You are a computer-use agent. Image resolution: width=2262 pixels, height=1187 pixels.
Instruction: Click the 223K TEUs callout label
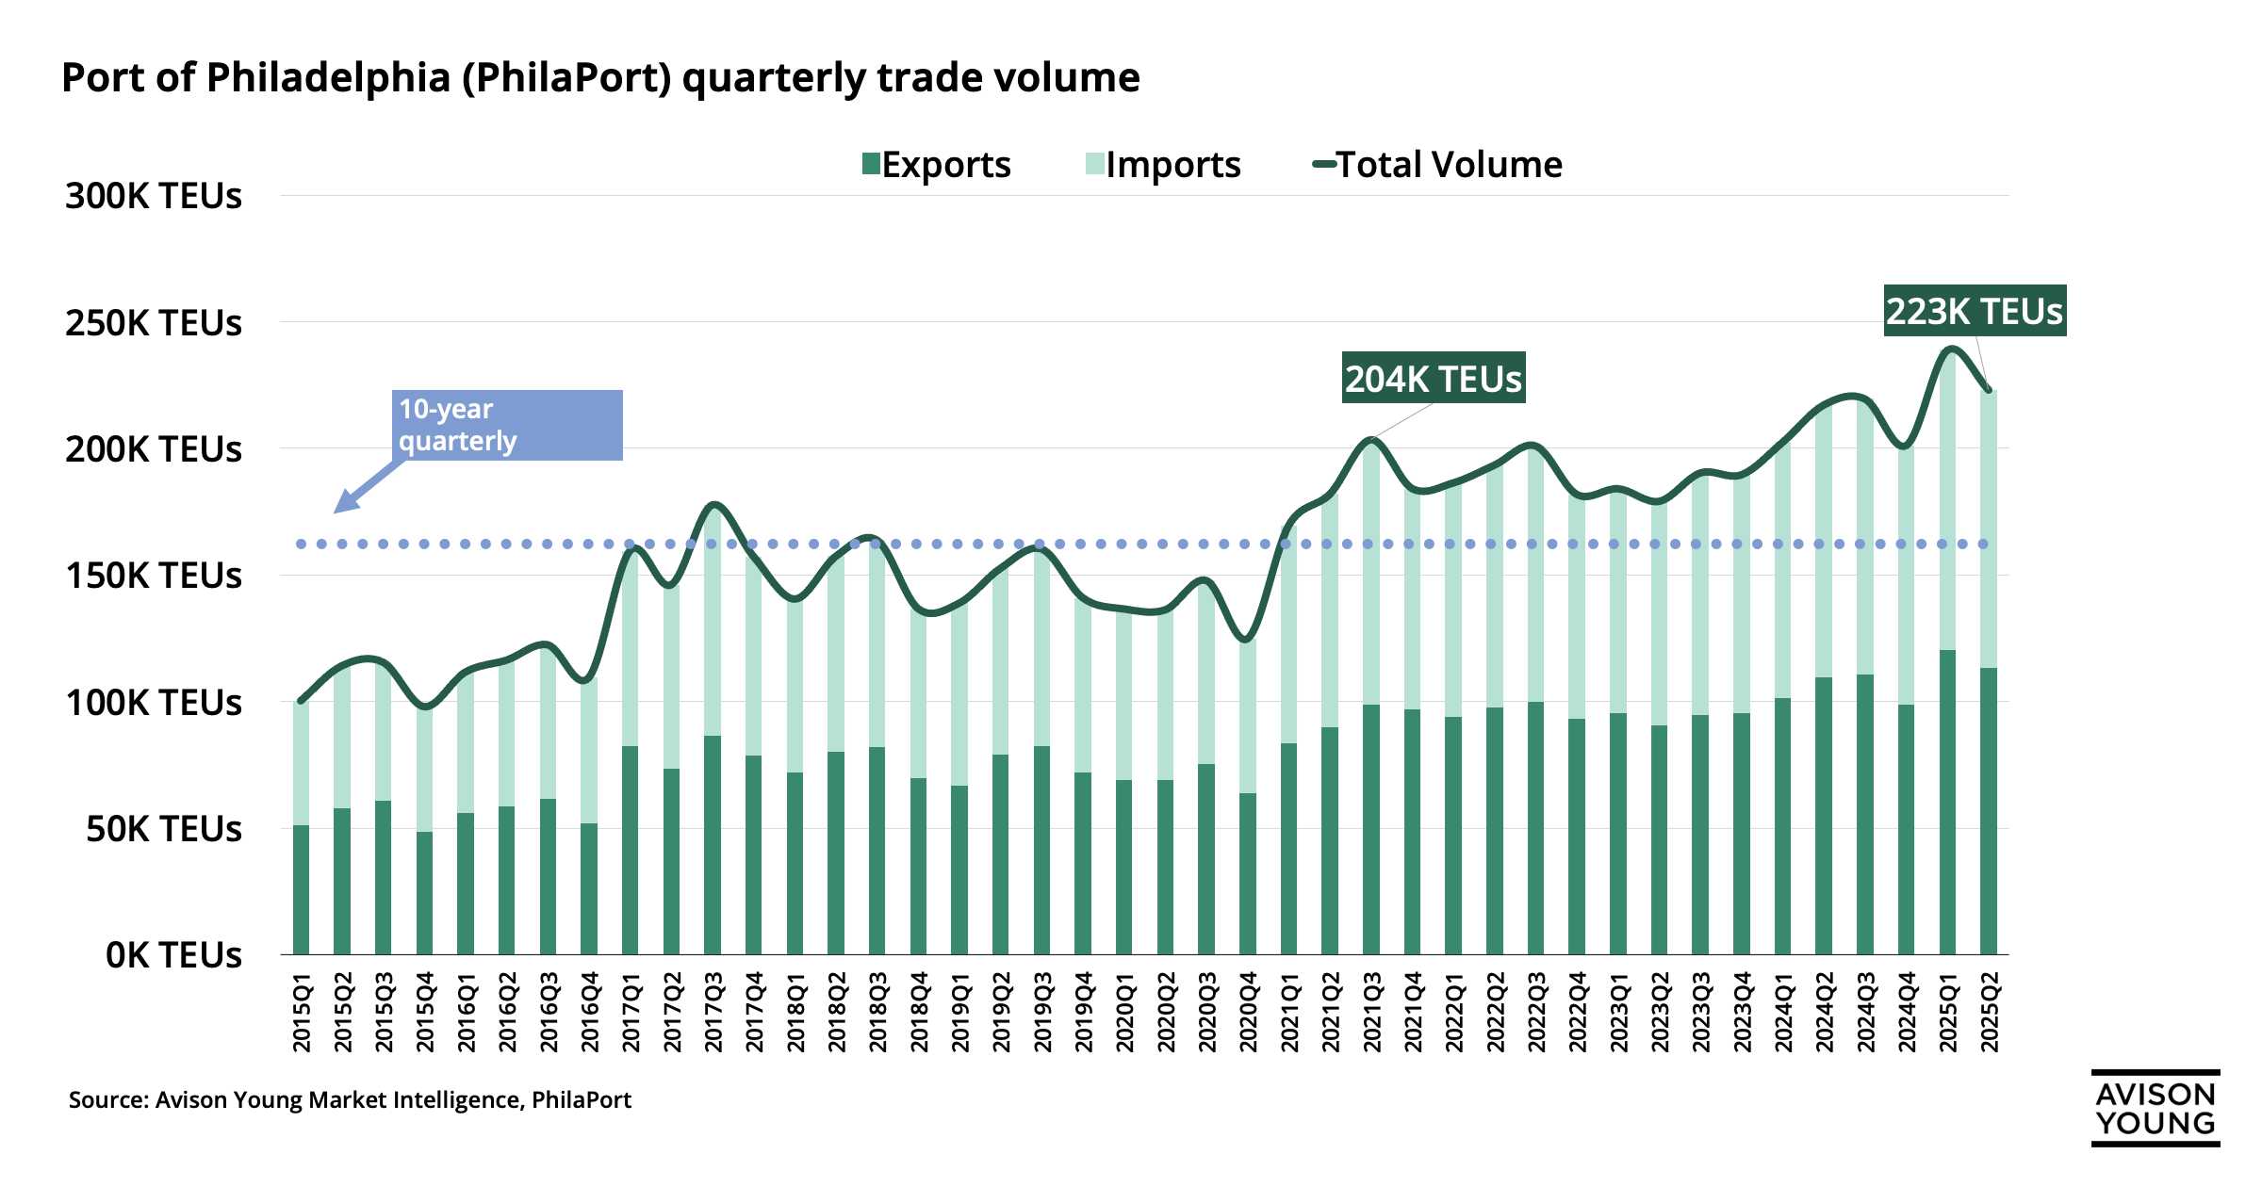click(1975, 311)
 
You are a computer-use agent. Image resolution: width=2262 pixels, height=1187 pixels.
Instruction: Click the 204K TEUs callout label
click(1433, 379)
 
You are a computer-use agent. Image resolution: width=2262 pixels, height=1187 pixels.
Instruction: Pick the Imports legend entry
click(1163, 165)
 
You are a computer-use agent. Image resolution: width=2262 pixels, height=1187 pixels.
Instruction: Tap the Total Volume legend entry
click(1437, 165)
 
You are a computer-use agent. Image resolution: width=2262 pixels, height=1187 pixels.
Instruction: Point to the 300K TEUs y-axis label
click(154, 196)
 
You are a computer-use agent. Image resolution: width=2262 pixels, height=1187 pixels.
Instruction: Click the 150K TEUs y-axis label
click(154, 576)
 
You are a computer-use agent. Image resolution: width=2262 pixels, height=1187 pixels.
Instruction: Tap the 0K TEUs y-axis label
click(173, 955)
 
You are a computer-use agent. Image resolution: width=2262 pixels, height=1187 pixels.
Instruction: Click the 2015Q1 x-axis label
click(302, 1014)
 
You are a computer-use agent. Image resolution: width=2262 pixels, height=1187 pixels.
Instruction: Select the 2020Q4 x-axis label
click(1248, 1014)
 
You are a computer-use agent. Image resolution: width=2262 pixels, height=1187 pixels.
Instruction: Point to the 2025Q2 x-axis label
click(1989, 1014)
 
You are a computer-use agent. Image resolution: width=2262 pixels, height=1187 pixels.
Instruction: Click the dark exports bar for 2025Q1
click(1947, 801)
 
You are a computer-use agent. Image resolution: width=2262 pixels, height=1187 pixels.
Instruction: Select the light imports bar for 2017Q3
click(713, 622)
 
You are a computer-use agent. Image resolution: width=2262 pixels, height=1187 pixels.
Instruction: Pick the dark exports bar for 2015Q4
click(424, 893)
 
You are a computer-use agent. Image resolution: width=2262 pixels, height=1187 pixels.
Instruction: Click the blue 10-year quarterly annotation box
click(508, 425)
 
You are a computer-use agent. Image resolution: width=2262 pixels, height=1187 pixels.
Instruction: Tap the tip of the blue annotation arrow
click(336, 512)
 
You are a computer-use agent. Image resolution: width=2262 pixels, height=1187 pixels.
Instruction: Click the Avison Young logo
click(2155, 1108)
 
